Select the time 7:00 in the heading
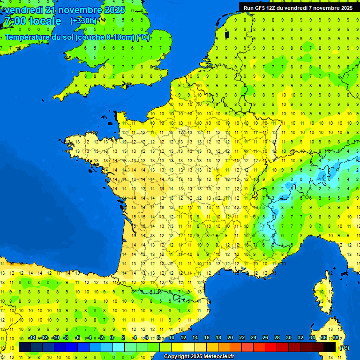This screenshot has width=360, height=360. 14,21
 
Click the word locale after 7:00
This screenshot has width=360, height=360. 45,21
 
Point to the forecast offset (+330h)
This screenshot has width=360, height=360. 83,21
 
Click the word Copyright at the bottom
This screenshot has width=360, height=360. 178,357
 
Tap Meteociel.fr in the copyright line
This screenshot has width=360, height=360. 218,357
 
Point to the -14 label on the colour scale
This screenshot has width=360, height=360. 32,338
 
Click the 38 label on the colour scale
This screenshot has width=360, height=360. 336,338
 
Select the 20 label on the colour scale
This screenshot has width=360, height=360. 230,338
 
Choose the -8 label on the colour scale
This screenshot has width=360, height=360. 67,338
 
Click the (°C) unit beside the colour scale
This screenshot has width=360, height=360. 345,348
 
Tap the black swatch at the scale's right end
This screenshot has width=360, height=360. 330,347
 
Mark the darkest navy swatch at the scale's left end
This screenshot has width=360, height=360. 25,347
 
